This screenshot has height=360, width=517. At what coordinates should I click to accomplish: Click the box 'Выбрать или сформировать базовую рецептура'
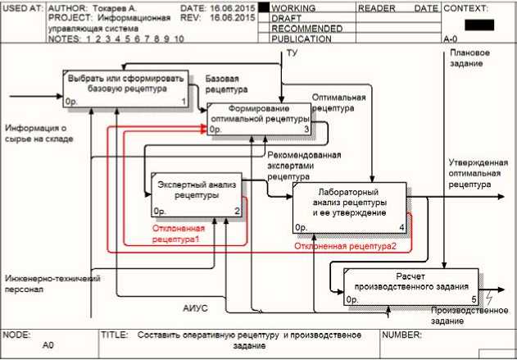127,88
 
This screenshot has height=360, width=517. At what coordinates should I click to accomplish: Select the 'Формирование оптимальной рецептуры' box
259,119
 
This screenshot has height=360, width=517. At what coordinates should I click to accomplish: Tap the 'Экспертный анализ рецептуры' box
197,194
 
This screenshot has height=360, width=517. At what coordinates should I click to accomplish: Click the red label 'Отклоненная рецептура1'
188,234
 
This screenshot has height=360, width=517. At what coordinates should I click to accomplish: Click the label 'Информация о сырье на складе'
39,134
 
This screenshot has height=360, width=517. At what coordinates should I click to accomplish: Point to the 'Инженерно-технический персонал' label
52,284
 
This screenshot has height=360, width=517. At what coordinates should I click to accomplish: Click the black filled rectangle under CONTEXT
478,24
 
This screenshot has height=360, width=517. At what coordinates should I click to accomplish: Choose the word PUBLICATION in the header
295,39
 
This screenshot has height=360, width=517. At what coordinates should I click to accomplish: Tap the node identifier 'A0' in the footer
48,347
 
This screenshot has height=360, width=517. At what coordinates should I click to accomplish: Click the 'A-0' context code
450,39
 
